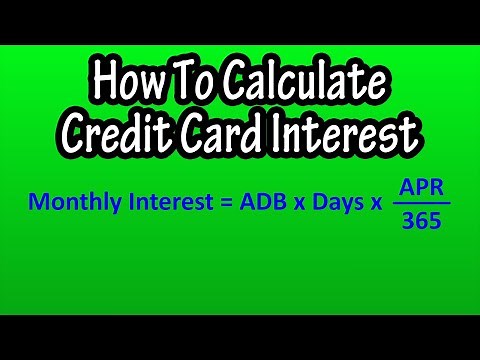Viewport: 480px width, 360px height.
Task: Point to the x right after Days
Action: pos(376,203)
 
